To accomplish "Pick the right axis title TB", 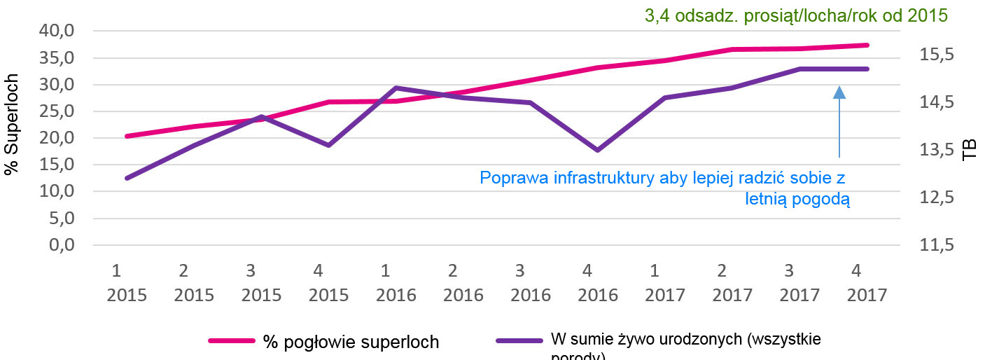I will [x=970, y=150].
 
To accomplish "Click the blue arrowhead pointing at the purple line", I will [x=839, y=92].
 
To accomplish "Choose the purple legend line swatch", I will [x=519, y=341].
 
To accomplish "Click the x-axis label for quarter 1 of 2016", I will [x=396, y=282].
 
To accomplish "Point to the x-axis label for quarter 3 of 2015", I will [x=261, y=282].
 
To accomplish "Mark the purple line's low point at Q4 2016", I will [x=597, y=150].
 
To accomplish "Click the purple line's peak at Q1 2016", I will [x=396, y=88].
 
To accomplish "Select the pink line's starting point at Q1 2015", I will [x=127, y=136].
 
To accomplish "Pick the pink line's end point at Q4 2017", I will [x=867, y=45].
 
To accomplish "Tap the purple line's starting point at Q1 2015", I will [x=127, y=179].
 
